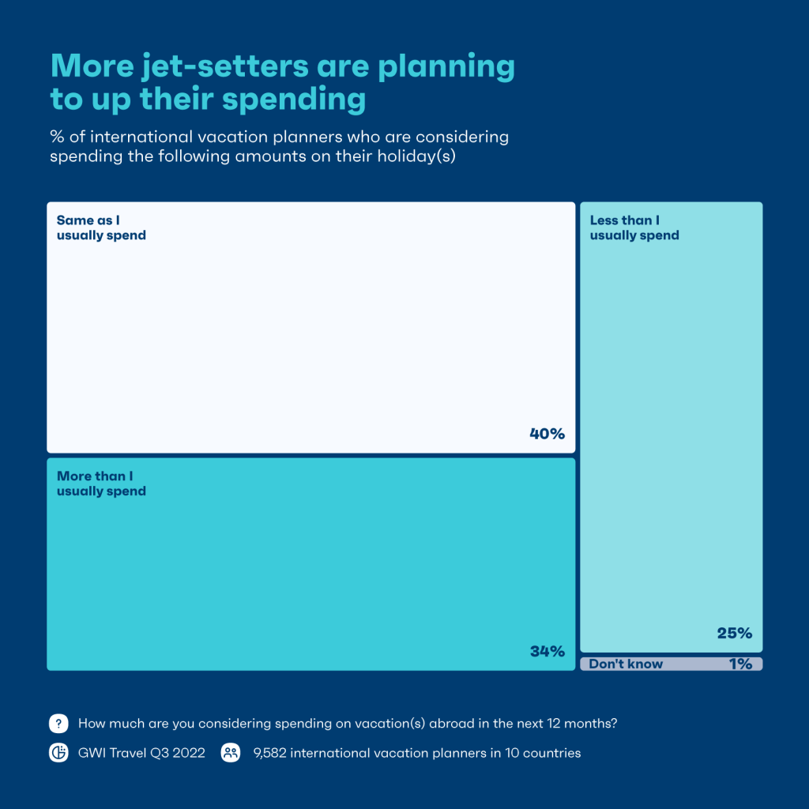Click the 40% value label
(x=547, y=434)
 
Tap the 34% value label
(x=547, y=652)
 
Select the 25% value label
(x=734, y=633)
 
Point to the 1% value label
(x=740, y=664)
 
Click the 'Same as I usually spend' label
(x=101, y=228)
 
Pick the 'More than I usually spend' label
(x=101, y=484)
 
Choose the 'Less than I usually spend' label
(x=634, y=228)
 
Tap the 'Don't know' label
(x=626, y=664)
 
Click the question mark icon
(x=58, y=723)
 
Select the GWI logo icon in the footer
(x=58, y=753)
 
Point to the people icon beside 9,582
(x=231, y=753)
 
